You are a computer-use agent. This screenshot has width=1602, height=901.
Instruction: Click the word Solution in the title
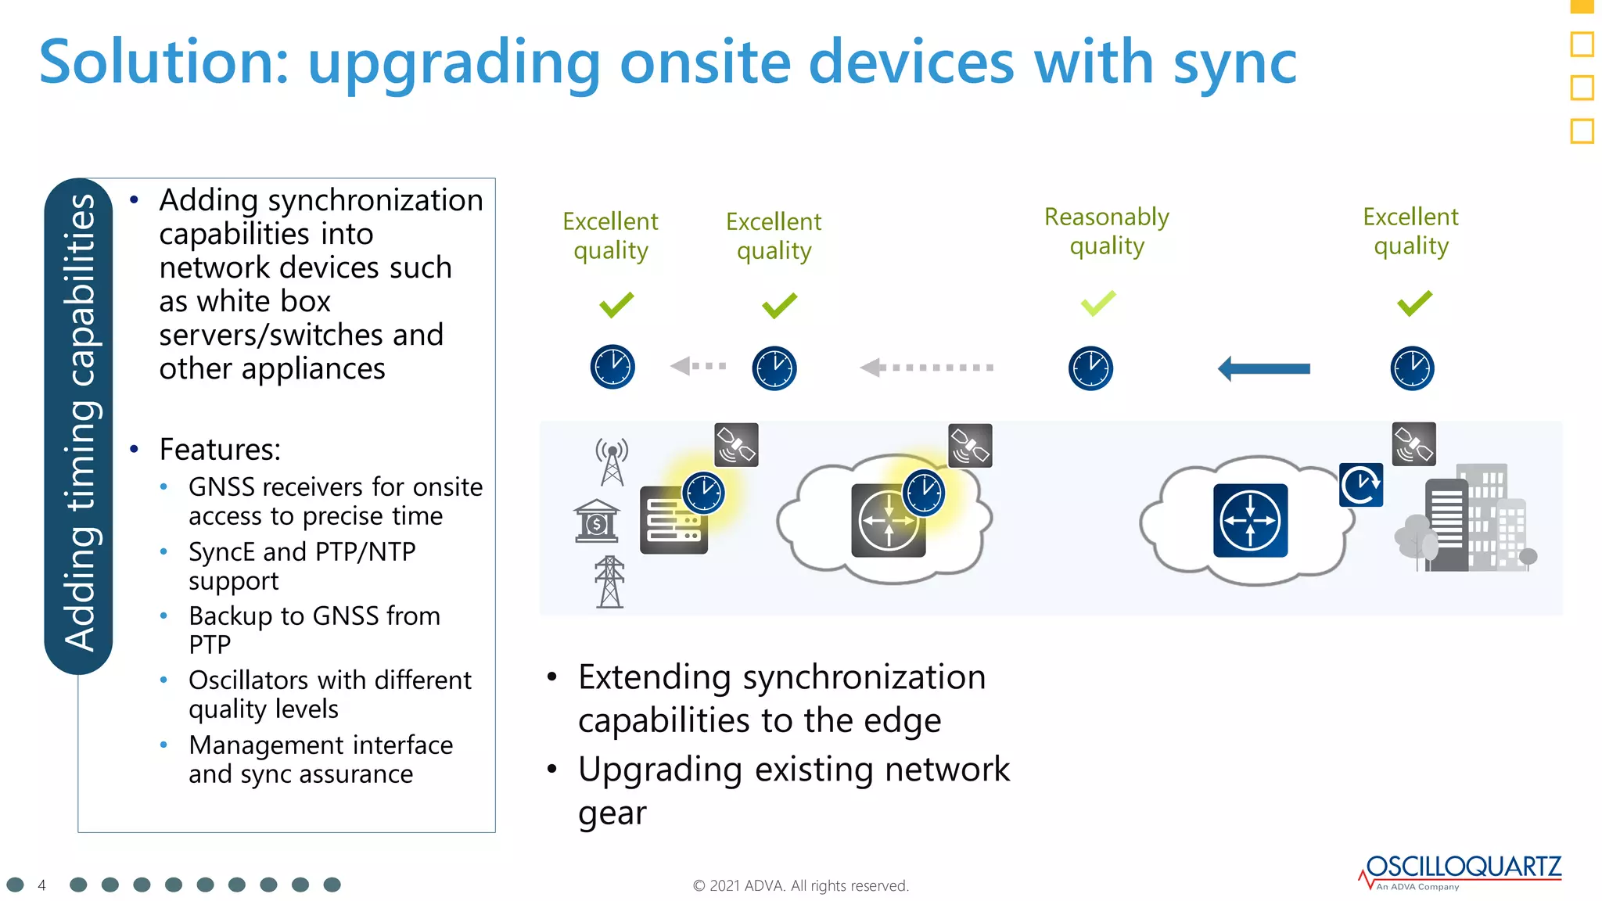coord(164,63)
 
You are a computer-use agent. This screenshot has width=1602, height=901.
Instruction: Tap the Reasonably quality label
coord(1106,231)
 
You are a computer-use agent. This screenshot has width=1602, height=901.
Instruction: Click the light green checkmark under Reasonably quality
coord(1098,303)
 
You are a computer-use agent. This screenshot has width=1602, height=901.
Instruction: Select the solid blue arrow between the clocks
coord(1264,368)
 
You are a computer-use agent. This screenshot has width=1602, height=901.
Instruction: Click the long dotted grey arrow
coord(926,367)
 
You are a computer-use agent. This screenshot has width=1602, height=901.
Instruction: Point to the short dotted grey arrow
coord(698,365)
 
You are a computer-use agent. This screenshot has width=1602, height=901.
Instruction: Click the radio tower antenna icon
coord(612,461)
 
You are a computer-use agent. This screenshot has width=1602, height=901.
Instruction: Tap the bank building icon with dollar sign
coord(596,521)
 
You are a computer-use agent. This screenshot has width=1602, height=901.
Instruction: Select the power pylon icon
coord(609,582)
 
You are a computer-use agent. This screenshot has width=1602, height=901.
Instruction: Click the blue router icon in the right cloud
coord(1250,521)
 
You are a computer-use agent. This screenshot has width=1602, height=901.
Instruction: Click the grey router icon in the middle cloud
coord(888,521)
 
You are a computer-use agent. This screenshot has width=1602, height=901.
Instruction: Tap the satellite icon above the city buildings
coord(1413,444)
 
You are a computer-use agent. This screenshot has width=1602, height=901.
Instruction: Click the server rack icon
coord(672,521)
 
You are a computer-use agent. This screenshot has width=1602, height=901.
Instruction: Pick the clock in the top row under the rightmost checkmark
coord(1412,368)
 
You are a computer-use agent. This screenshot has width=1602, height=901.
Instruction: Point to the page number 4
coord(42,885)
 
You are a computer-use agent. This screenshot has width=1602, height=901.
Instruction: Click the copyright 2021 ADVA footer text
coord(800,885)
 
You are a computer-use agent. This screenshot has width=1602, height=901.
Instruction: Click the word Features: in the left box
coord(220,450)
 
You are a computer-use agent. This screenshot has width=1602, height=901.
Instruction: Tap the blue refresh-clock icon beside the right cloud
coord(1360,485)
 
